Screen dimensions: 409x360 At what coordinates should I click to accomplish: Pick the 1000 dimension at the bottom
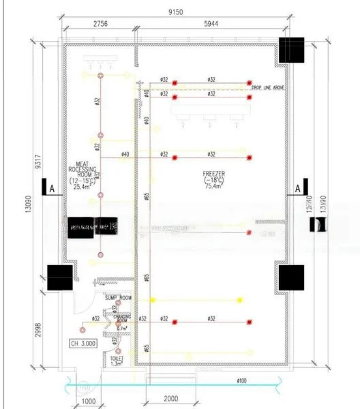(88, 401)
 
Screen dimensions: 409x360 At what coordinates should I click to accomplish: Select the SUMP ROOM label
(118, 299)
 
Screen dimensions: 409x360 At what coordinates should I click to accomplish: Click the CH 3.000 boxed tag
(82, 344)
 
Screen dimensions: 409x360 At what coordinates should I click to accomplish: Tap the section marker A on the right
(298, 188)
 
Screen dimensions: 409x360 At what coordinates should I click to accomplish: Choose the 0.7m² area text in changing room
(122, 329)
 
